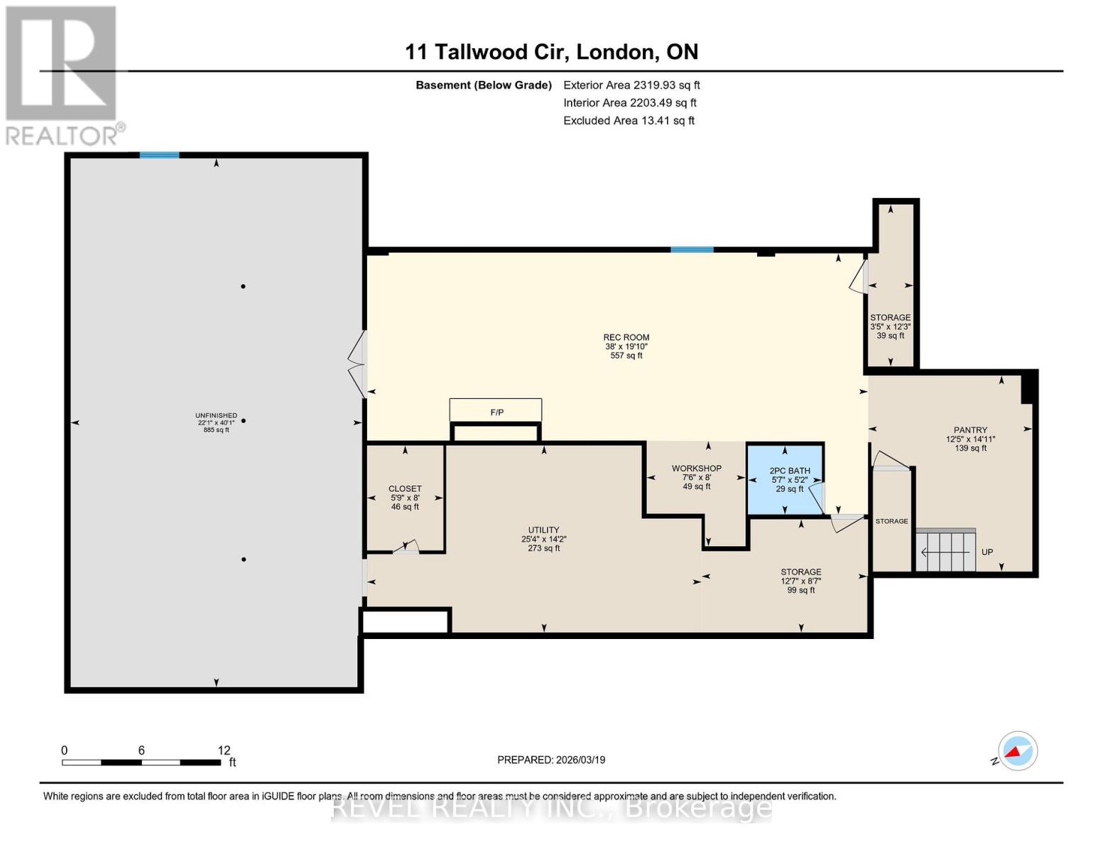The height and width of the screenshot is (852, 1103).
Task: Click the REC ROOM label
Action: click(x=626, y=346)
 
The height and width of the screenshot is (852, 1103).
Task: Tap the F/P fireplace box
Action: click(x=496, y=411)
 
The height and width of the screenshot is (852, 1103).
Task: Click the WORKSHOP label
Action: click(x=696, y=477)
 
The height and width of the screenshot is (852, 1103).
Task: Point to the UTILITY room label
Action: click(x=543, y=539)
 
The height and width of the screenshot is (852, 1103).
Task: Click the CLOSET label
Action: click(x=405, y=497)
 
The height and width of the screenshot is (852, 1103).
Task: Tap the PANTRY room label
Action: click(x=970, y=439)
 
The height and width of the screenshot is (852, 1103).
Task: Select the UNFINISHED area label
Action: click(x=216, y=422)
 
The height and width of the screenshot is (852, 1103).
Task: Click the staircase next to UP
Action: click(x=945, y=551)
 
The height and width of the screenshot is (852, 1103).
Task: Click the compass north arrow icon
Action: click(x=1017, y=751)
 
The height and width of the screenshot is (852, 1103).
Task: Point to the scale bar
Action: click(x=141, y=763)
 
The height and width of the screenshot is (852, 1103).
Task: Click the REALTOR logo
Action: click(x=63, y=75)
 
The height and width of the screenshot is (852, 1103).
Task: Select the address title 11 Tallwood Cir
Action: click(x=551, y=52)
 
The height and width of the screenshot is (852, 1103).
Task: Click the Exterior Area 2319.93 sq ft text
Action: click(x=631, y=85)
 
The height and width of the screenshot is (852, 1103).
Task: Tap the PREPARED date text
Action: click(x=551, y=760)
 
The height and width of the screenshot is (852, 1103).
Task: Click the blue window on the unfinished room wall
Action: click(x=159, y=155)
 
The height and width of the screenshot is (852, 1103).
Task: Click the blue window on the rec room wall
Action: click(x=692, y=250)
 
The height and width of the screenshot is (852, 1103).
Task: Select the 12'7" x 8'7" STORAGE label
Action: click(x=800, y=581)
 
